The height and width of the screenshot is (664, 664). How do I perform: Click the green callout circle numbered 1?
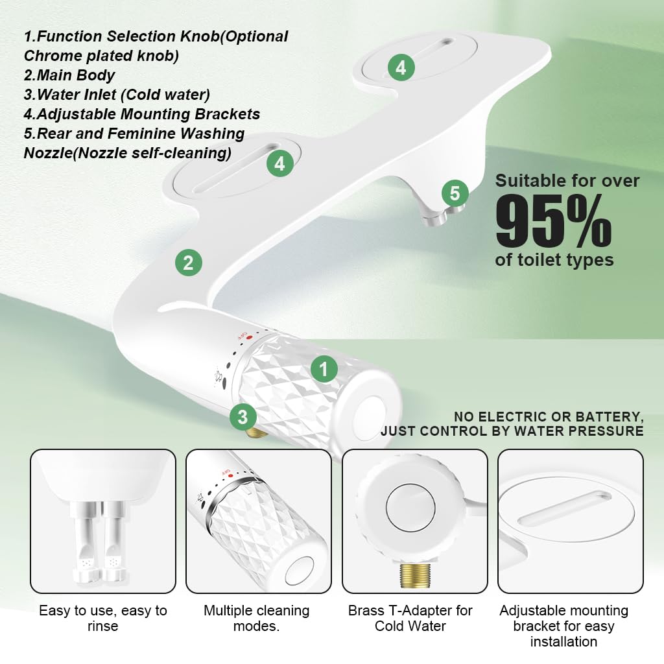point(324,370)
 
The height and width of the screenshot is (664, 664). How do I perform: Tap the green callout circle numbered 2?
point(188,263)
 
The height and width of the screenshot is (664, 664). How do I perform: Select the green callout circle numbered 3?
point(243,417)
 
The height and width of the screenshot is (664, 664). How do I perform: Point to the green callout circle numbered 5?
point(455,193)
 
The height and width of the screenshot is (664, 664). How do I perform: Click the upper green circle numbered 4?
point(401,67)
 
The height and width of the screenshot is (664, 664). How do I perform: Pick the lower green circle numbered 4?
point(279,164)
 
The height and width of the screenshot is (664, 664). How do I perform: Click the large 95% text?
point(553,221)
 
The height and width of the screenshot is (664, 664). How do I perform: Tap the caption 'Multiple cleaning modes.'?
point(257,618)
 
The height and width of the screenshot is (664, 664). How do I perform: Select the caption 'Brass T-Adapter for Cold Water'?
point(410,618)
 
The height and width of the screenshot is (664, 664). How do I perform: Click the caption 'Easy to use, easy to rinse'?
point(103,618)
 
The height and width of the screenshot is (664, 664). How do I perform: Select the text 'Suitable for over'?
point(567,180)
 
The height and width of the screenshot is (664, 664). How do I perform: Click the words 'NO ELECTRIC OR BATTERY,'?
point(548,416)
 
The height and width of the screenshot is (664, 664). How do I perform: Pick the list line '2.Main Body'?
point(69,75)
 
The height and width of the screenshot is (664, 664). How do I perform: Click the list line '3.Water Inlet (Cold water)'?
point(117,95)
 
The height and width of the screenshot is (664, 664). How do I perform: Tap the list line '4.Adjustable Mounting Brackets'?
point(142,114)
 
